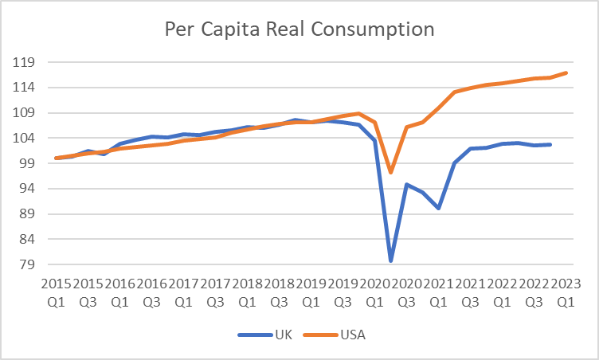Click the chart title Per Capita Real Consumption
pos(299,29)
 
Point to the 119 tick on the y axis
pos(34,62)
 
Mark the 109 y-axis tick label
pos(34,112)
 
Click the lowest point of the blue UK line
pos(391,260)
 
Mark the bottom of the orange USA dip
pos(391,172)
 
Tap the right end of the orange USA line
pos(566,72)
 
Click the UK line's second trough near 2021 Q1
pos(439,208)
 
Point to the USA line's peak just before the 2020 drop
pos(359,113)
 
